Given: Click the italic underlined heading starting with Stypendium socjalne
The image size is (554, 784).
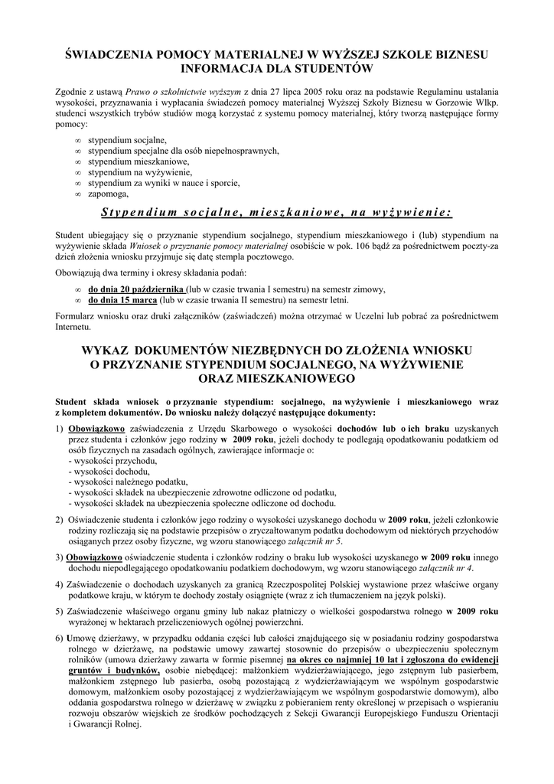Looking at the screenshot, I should (276, 211).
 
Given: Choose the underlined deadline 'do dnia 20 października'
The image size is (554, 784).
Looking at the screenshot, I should (136, 289).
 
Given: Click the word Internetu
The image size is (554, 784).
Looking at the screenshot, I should (73, 327).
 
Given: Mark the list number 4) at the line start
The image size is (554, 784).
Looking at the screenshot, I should (60, 584).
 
